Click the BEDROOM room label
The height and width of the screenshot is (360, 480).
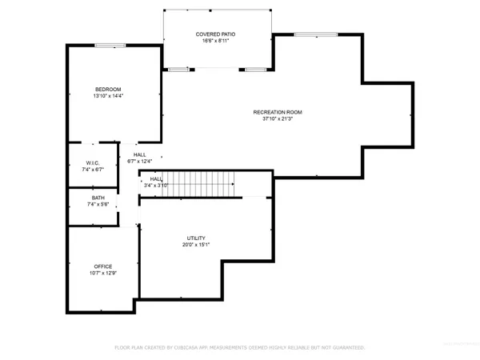108,89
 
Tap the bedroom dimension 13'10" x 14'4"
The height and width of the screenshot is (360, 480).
108,96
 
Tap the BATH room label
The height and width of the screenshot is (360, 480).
98,198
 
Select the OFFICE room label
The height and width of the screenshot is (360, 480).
102,266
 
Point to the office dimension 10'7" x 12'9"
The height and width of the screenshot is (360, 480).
102,274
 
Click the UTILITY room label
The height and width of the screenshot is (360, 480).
197,238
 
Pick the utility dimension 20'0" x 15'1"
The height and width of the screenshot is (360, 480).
197,246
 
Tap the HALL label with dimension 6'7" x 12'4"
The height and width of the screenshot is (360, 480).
140,154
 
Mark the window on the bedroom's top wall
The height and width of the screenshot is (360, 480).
108,46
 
